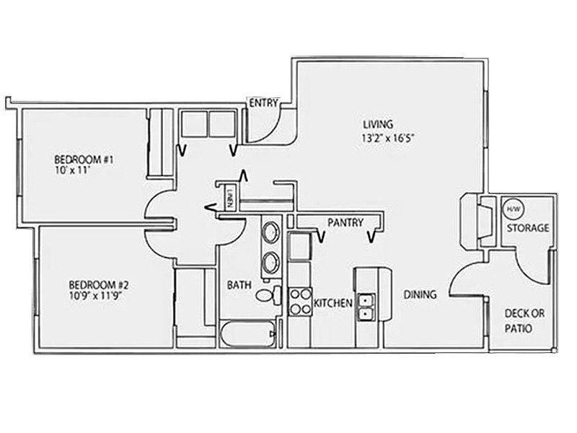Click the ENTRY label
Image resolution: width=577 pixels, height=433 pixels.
263,103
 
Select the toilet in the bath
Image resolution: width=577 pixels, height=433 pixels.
268,295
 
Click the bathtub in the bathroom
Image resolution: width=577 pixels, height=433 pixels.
248,333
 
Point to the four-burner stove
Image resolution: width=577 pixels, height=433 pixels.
300,302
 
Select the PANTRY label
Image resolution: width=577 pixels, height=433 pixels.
345,222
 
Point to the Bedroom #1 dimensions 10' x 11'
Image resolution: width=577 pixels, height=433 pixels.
72,171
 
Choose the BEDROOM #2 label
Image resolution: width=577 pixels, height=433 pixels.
99,285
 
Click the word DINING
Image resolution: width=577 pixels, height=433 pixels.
420,294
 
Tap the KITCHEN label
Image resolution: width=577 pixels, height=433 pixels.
333,303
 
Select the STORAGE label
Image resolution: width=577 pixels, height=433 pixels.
528,228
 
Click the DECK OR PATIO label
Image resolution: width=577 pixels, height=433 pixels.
524,321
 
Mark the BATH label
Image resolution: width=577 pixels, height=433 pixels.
239,285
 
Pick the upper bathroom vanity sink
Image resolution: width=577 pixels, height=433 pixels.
271,232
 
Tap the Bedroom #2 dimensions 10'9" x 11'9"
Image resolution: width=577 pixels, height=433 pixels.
95,297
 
